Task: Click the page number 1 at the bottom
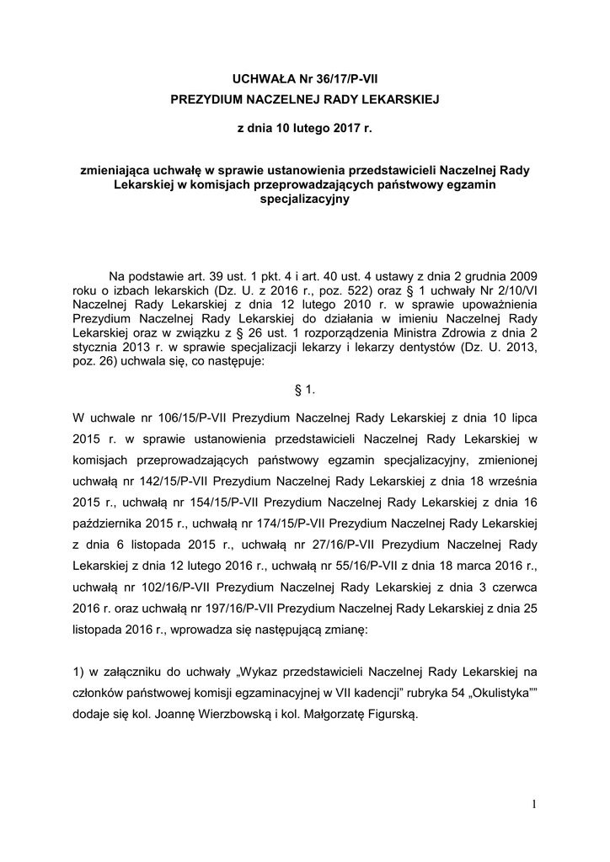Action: tap(534, 805)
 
